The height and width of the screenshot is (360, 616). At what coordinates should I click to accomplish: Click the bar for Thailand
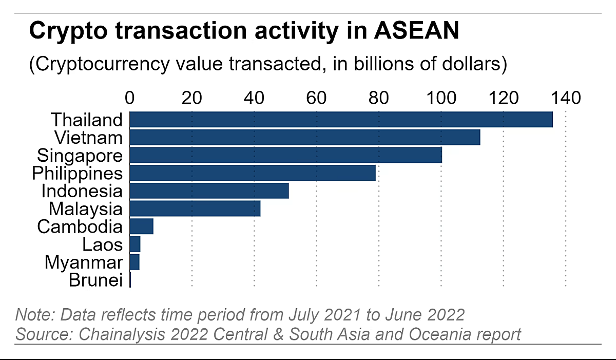click(x=341, y=120)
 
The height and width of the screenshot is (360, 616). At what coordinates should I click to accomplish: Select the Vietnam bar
click(x=304, y=138)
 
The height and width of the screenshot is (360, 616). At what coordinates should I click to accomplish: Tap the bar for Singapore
click(x=285, y=155)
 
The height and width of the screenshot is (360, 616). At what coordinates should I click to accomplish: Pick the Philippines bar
click(x=253, y=173)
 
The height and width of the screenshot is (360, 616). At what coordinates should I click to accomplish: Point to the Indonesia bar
click(x=209, y=191)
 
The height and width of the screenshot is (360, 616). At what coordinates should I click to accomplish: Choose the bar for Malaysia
click(x=195, y=209)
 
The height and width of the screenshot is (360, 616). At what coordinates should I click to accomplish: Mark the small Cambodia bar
click(x=142, y=226)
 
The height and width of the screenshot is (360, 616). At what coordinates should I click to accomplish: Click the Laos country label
click(x=102, y=244)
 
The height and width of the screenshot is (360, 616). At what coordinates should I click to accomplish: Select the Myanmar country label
click(x=84, y=262)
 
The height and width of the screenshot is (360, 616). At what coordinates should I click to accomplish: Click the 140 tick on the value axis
click(x=566, y=97)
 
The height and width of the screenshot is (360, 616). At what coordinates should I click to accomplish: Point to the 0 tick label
click(x=130, y=97)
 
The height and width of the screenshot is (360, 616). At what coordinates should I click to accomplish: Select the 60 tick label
click(x=317, y=97)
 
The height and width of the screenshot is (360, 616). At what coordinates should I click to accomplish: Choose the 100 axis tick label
click(x=441, y=97)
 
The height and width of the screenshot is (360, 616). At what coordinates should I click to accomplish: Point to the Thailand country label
click(x=87, y=120)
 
